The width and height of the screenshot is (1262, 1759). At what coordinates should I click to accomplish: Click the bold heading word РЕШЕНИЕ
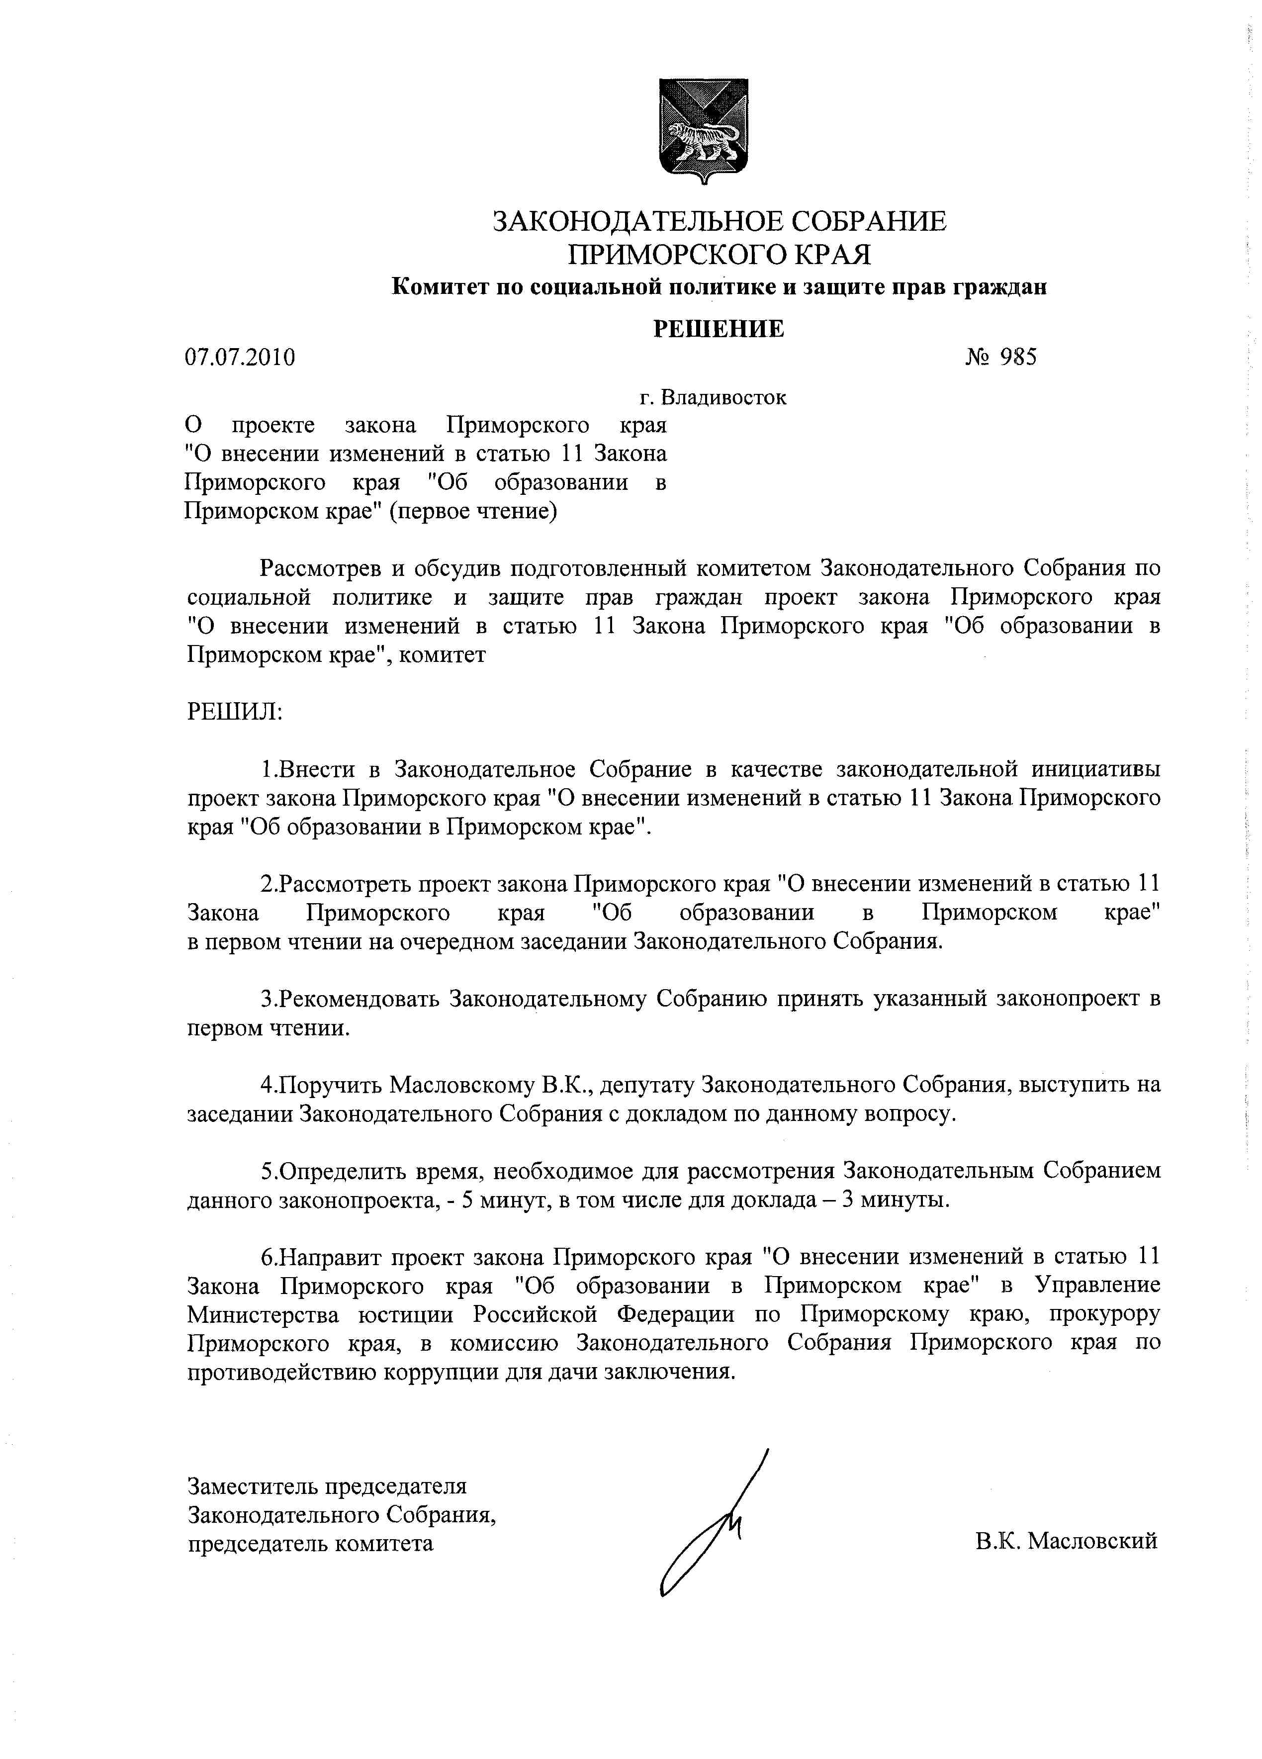[x=718, y=329]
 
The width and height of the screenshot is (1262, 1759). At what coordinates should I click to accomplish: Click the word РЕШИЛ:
[x=235, y=711]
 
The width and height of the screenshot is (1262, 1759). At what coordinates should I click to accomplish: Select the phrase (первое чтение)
[x=473, y=511]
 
